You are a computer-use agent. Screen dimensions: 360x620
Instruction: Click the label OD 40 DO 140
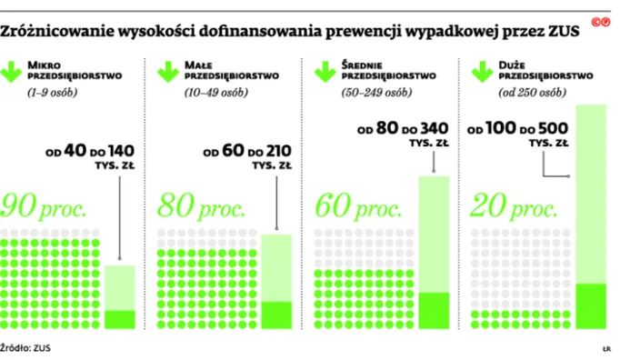point(89,150)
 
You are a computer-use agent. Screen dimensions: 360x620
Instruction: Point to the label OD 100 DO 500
point(523,130)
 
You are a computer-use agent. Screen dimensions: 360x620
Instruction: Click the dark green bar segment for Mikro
point(120,319)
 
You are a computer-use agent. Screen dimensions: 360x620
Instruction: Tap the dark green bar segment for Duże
point(592,306)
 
